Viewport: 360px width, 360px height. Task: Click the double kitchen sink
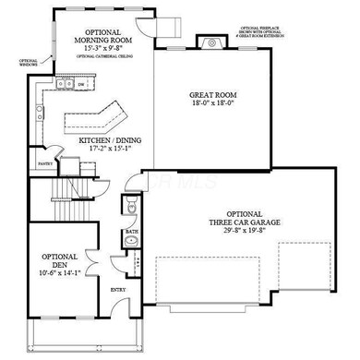(x=65, y=85)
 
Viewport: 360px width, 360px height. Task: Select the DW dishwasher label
(x=82, y=85)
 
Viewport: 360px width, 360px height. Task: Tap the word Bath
(x=132, y=232)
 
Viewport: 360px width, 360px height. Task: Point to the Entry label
(x=118, y=290)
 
